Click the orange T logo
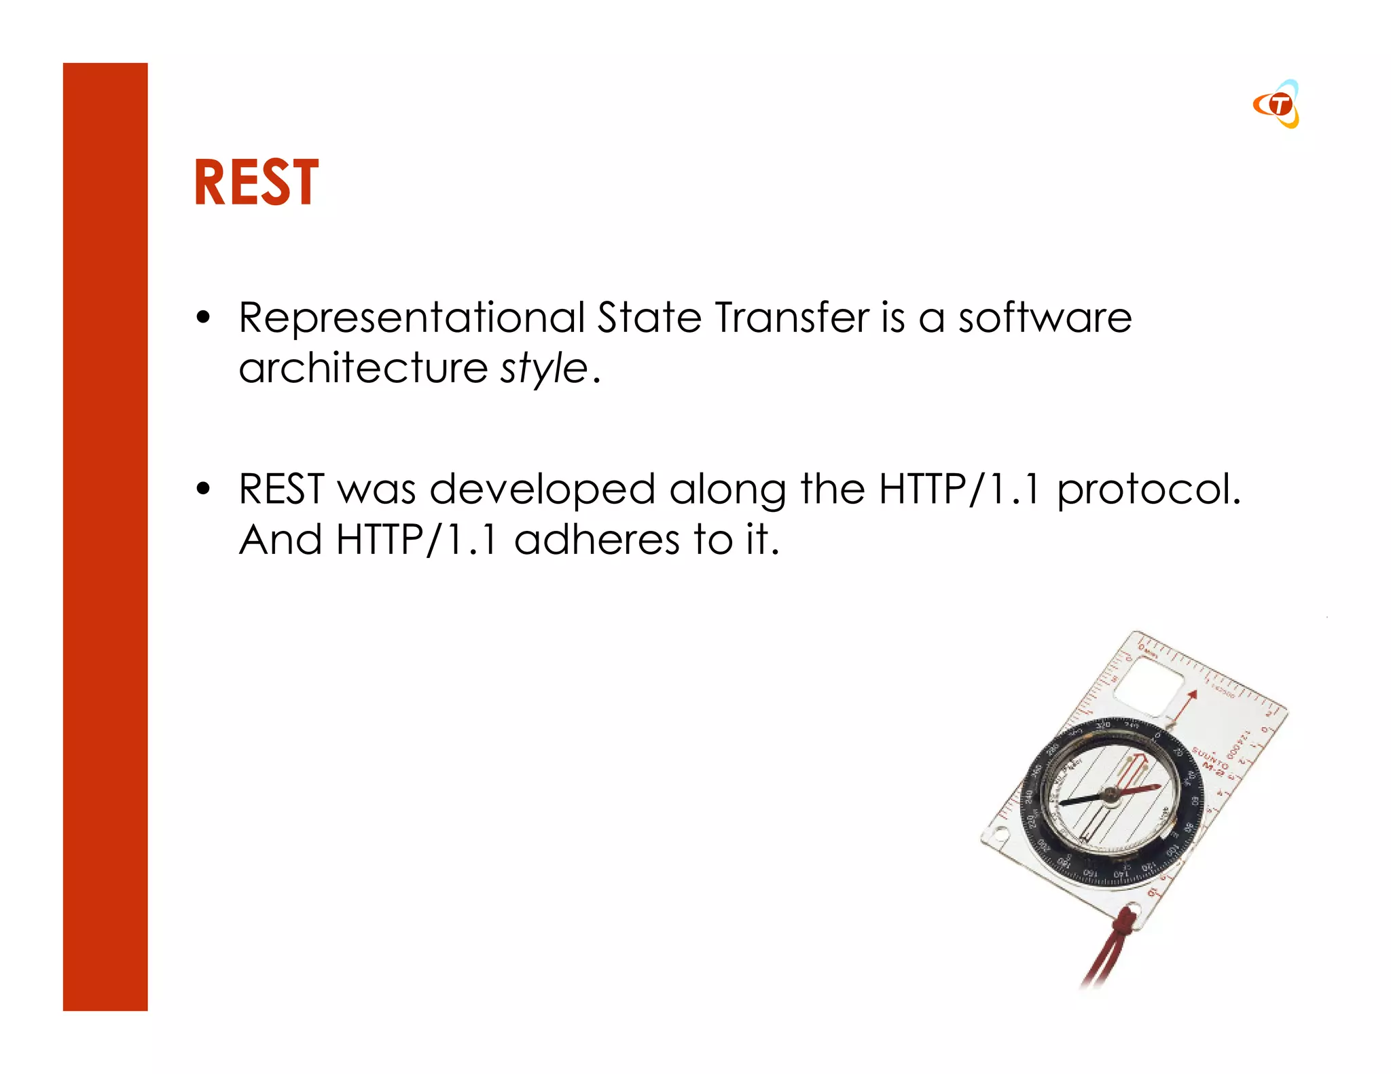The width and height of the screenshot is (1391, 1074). [1277, 105]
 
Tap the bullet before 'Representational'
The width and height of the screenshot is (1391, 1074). [202, 318]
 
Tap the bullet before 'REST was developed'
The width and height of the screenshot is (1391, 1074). [202, 489]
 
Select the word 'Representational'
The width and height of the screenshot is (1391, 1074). [412, 318]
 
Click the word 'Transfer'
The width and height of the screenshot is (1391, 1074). [792, 318]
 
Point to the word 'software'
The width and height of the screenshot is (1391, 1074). [1045, 318]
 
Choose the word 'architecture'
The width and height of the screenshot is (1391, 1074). [363, 369]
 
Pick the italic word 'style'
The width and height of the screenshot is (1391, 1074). [543, 369]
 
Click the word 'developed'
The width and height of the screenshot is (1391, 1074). [542, 489]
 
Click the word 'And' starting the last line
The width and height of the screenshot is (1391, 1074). [280, 540]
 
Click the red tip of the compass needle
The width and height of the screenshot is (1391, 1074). [1155, 786]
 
